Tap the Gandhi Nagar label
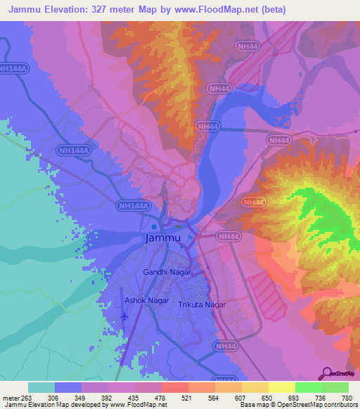point(167,271)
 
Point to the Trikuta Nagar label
point(201,304)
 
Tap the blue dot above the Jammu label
point(154,227)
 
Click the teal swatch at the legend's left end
point(41,387)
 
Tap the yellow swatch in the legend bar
point(281,387)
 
